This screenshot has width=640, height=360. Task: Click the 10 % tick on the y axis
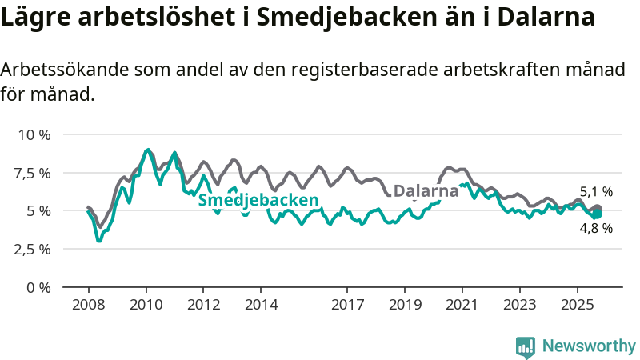click(34, 134)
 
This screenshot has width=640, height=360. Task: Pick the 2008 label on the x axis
click(88, 305)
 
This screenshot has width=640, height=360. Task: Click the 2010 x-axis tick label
click(146, 305)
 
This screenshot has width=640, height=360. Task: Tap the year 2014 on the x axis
click(261, 305)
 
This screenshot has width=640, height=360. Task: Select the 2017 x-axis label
click(347, 305)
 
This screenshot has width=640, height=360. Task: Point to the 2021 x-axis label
click(462, 305)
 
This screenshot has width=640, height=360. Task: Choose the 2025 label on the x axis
click(578, 305)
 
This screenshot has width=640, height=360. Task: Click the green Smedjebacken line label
click(258, 200)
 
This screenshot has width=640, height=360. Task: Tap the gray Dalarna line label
click(426, 191)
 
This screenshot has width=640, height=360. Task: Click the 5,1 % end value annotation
click(596, 192)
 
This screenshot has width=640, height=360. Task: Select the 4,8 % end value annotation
click(596, 228)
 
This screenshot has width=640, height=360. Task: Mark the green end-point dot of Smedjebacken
click(597, 214)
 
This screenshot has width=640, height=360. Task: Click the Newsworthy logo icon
click(526, 346)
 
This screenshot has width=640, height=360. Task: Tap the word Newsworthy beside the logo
click(589, 346)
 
